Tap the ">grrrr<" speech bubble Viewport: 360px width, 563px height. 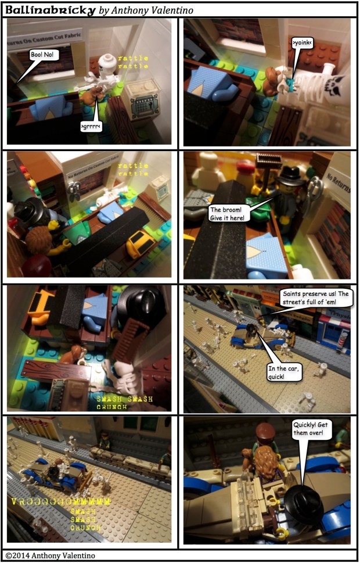tap(90, 125)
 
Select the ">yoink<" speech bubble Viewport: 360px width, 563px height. tap(303, 43)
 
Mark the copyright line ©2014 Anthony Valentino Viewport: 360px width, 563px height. tap(48, 554)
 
